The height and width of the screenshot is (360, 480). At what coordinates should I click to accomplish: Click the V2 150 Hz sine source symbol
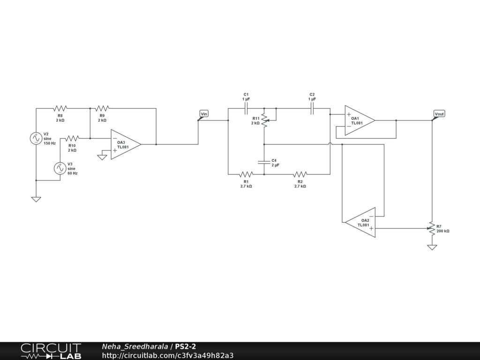36,138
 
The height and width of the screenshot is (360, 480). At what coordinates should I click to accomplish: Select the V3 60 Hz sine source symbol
60,168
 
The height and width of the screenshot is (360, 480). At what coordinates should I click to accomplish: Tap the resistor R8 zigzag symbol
60,108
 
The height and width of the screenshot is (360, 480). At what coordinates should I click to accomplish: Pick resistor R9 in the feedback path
102,108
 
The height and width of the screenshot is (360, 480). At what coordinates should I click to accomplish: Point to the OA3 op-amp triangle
125,144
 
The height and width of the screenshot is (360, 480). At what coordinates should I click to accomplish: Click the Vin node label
204,114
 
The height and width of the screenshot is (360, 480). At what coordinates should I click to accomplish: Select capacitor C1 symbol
246,108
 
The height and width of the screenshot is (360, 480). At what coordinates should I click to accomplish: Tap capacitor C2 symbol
312,108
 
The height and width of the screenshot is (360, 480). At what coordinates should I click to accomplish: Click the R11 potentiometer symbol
264,120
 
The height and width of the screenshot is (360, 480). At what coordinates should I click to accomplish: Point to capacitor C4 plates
264,162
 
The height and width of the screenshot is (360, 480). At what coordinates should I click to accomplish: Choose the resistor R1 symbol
246,174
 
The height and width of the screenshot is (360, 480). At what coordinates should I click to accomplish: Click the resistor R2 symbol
300,174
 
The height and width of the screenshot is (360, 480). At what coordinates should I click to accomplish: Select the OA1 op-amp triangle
359,120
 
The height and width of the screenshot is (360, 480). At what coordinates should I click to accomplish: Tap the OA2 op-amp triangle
361,222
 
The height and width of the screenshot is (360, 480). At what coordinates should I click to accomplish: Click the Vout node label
439,114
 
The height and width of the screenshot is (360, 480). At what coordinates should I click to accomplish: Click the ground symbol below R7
432,247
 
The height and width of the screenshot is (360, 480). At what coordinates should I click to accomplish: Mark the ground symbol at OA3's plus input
102,157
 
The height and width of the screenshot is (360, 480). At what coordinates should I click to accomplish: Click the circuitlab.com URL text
168,355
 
